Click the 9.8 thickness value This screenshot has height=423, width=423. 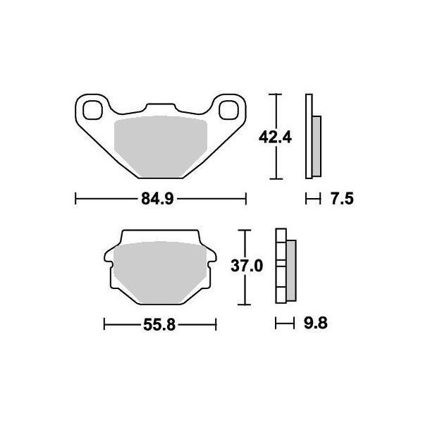pyautogui.click(x=315, y=325)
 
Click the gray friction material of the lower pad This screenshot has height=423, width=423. pyautogui.click(x=159, y=271)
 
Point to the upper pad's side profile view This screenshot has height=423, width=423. pyautogui.click(x=312, y=137)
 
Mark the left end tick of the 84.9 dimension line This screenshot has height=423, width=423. pyautogui.click(x=75, y=200)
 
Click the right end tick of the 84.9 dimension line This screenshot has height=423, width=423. pyautogui.click(x=245, y=200)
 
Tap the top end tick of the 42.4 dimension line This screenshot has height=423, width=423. pyautogui.click(x=276, y=94)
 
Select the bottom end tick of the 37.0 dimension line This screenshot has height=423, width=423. pyautogui.click(x=244, y=304)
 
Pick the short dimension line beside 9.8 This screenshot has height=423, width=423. pyautogui.click(x=283, y=325)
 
